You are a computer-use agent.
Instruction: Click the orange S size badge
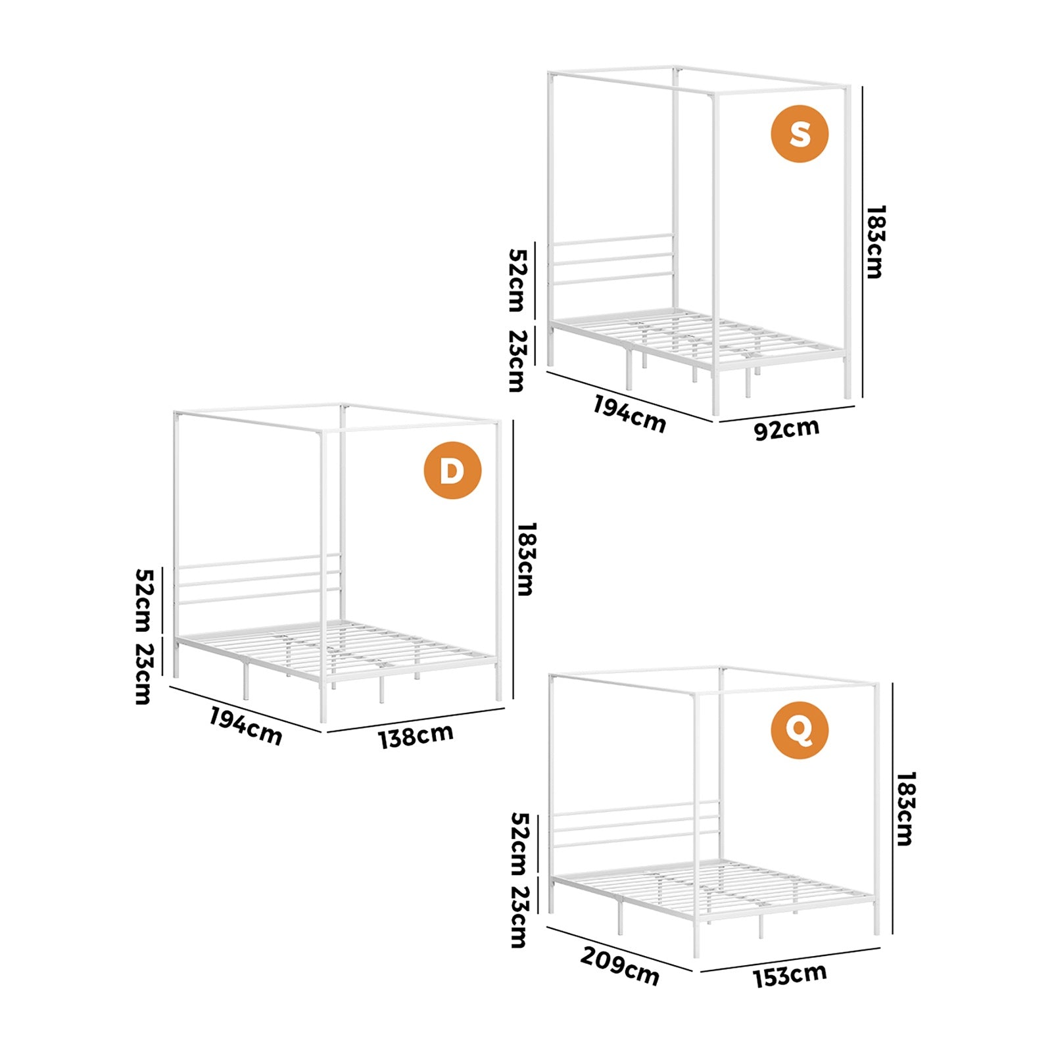[x=800, y=133]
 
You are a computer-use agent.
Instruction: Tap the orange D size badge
[x=452, y=470]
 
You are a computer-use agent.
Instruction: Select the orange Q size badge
[x=800, y=730]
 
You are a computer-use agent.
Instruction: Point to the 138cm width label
[x=416, y=736]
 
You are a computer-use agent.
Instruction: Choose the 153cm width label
[x=790, y=976]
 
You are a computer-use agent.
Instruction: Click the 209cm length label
[x=619, y=967]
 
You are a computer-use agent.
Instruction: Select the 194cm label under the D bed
[x=246, y=726]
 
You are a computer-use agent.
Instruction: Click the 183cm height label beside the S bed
[x=875, y=242]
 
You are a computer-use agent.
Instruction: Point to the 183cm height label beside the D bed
[x=526, y=559]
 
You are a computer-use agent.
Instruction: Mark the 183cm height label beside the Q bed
[x=905, y=809]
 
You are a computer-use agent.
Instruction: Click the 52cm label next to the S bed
[x=517, y=280]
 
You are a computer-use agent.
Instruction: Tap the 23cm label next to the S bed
[x=517, y=360]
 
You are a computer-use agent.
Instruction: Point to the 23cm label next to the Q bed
[x=519, y=917]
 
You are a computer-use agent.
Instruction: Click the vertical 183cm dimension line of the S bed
[x=862, y=243]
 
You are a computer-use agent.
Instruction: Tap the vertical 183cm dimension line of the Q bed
[x=893, y=808]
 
